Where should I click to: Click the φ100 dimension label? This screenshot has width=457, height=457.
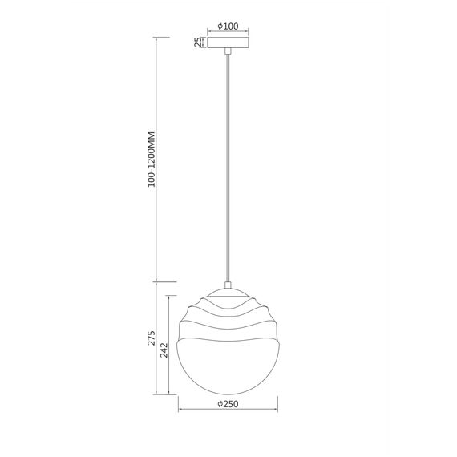[229, 26]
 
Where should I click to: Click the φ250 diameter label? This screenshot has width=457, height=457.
[229, 405]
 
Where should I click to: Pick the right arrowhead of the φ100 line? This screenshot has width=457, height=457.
[248, 33]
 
